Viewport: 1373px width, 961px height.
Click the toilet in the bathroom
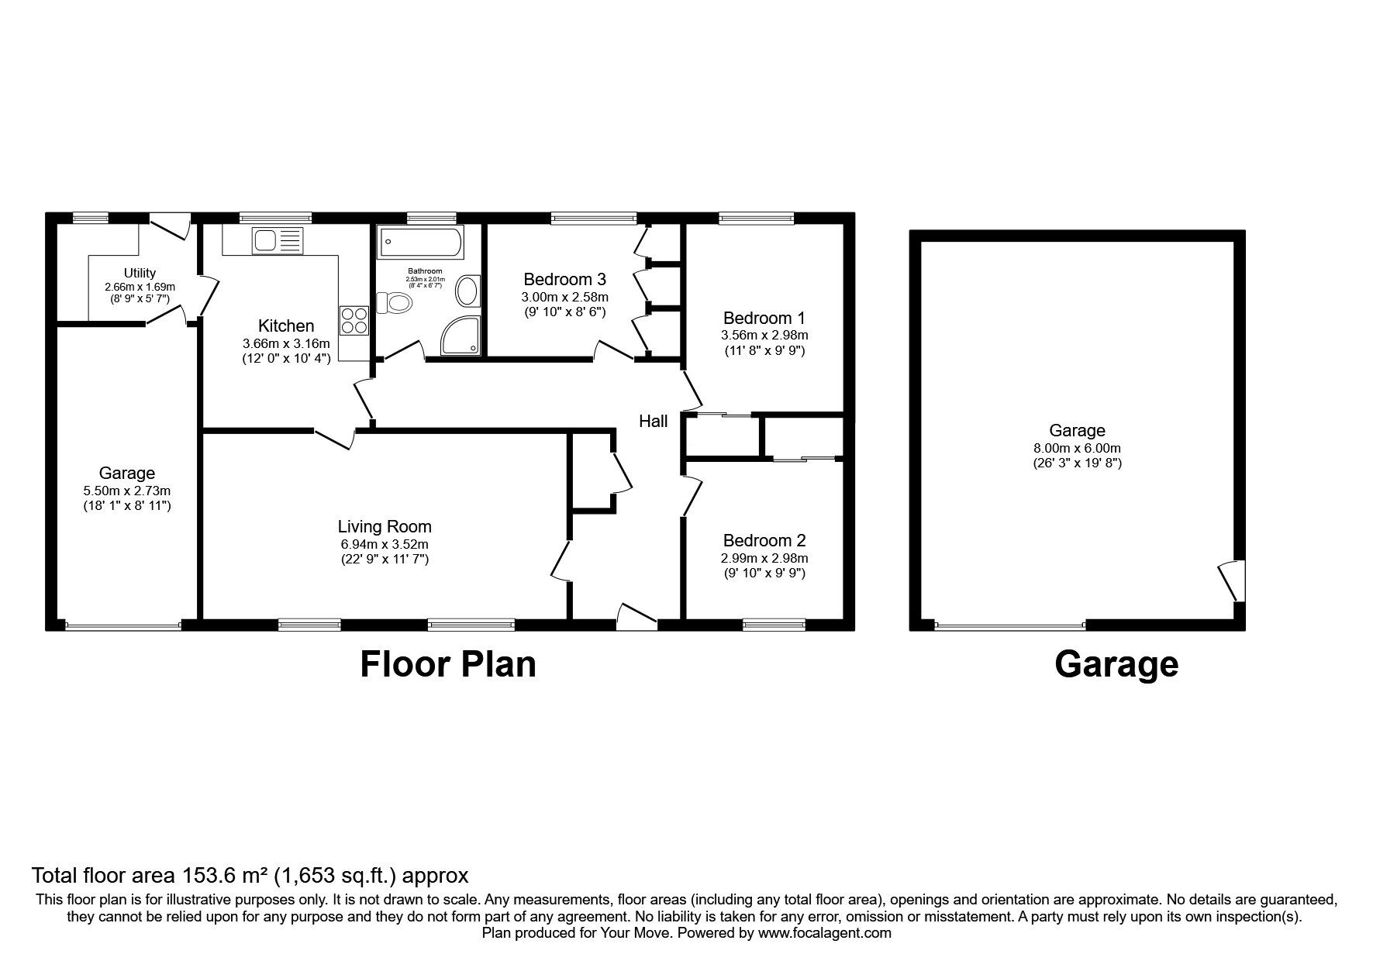point(393,302)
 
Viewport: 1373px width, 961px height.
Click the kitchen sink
point(267,242)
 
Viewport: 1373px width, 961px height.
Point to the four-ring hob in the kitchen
point(353,320)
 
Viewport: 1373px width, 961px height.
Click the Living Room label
point(385,527)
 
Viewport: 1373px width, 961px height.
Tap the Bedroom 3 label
point(564,279)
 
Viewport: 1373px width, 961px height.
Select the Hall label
point(653,421)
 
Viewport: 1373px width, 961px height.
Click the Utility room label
point(140,273)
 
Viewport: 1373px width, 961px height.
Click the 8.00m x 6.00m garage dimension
point(1077,448)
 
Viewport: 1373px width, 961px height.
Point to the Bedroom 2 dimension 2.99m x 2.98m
point(764,558)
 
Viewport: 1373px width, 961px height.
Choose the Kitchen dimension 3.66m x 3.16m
point(286,343)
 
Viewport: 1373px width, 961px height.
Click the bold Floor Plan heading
point(448,664)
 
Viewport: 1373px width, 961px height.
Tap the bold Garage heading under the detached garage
point(1116,664)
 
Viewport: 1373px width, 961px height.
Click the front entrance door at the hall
point(636,614)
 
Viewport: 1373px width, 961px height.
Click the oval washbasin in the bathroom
point(467,291)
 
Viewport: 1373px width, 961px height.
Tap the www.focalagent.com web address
point(824,933)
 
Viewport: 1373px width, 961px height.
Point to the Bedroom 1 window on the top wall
point(756,219)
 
